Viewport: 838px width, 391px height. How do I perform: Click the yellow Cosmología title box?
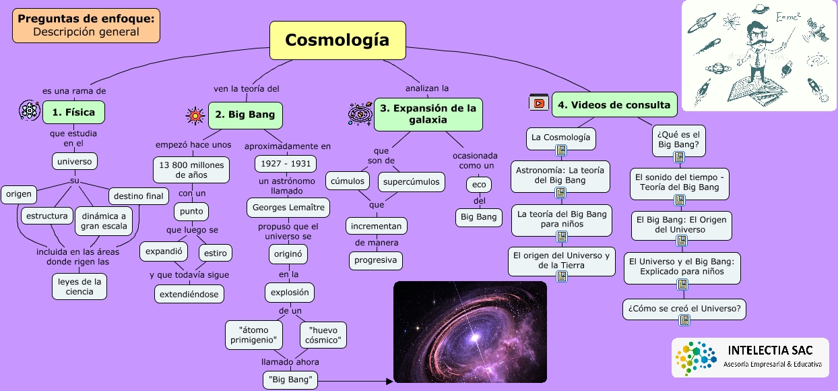point(337,40)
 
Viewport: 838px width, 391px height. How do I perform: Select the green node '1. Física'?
point(73,112)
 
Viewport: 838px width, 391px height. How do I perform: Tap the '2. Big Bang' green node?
point(245,115)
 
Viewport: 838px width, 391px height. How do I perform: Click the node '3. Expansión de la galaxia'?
point(428,114)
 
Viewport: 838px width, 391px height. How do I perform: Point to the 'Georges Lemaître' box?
point(288,208)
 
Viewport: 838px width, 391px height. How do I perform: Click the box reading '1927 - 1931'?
point(285,164)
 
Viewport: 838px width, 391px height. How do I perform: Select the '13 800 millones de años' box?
point(191,169)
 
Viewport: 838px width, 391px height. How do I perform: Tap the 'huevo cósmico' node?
point(323,335)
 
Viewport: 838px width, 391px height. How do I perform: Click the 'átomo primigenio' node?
point(253,335)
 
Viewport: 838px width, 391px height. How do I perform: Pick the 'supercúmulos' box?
point(411,181)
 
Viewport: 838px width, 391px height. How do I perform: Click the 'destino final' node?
point(138,196)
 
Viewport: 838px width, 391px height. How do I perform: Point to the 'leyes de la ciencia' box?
point(79,287)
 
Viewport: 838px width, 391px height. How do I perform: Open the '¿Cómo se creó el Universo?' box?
point(684,309)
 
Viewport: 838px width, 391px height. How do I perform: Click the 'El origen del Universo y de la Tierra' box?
point(561,261)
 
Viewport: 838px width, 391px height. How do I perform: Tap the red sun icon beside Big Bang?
point(195,115)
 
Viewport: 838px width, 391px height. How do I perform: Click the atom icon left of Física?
point(30,111)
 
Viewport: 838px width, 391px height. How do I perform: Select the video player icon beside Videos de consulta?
point(538,103)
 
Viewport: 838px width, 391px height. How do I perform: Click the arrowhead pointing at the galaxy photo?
point(389,382)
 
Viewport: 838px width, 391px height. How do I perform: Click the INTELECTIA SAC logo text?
point(770,351)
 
